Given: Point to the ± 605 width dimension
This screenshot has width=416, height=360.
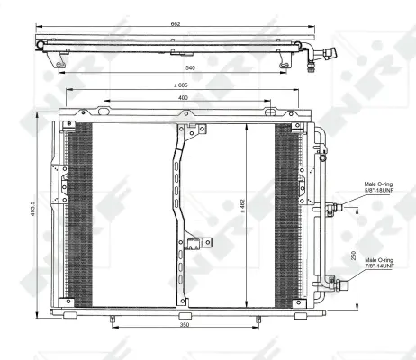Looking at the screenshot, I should (181, 86).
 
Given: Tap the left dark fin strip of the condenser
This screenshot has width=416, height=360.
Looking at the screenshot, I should (80, 211).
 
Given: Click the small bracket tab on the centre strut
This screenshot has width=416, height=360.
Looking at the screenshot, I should (196, 241).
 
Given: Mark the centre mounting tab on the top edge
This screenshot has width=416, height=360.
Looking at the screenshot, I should (188, 113).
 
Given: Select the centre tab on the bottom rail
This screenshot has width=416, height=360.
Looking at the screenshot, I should (185, 315).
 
